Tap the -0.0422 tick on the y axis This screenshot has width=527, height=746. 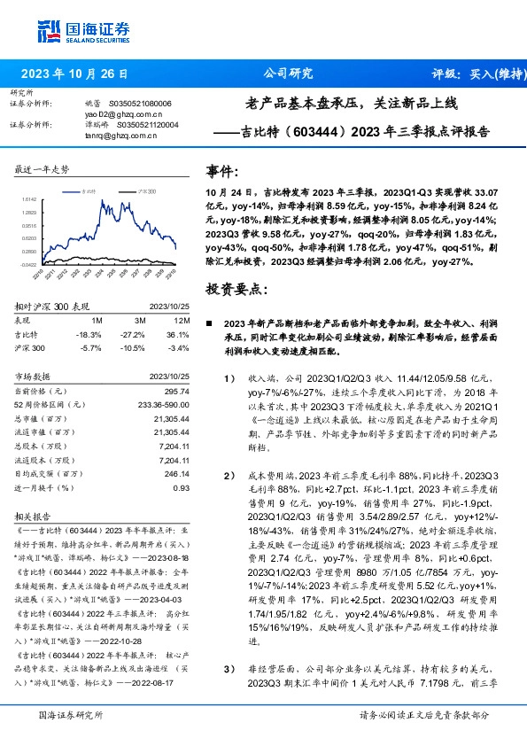(27, 263)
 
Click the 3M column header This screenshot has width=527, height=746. (137, 319)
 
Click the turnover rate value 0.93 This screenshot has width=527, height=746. (182, 487)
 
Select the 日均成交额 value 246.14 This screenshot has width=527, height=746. (177, 473)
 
